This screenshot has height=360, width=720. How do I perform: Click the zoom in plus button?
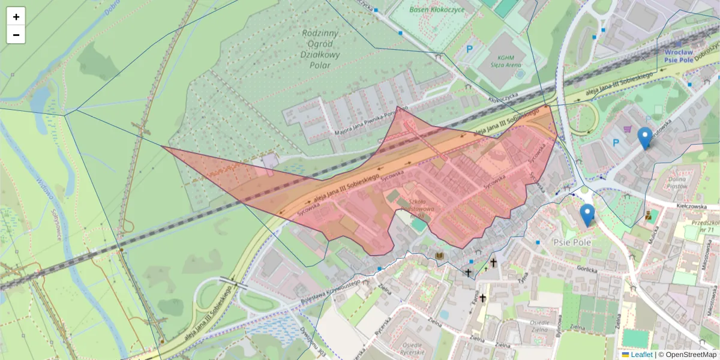point(16,17)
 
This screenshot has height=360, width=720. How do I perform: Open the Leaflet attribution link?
point(641,355)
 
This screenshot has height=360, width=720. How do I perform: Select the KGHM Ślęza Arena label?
point(500,61)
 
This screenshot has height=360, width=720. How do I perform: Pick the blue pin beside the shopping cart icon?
point(645,138)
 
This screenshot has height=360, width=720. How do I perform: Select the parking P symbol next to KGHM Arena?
point(470,50)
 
